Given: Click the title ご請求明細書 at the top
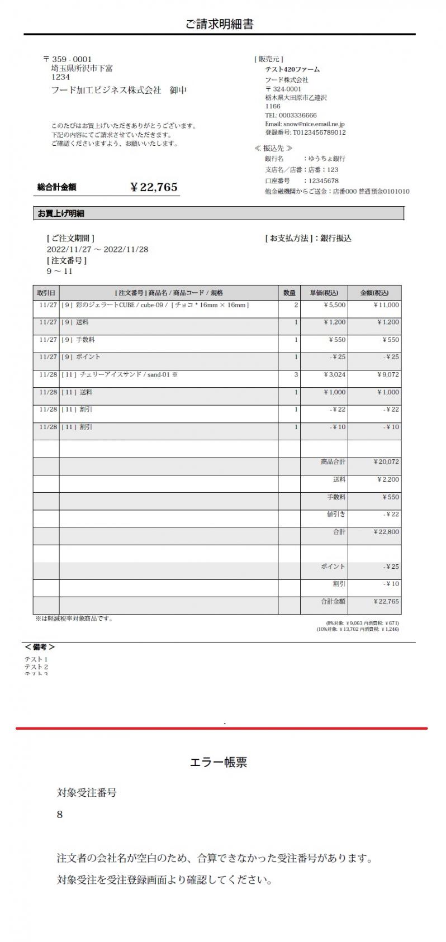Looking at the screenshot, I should [219, 24].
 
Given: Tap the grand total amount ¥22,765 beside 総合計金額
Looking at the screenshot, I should [154, 187].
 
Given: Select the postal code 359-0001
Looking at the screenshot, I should [72, 59].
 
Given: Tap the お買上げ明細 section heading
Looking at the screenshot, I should [61, 213].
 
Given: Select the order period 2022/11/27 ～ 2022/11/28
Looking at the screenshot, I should [97, 249].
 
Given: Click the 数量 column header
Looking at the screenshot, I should [289, 293].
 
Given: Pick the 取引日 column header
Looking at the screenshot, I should [46, 293].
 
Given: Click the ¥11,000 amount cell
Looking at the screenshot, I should [386, 305].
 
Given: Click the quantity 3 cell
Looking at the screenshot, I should [296, 374].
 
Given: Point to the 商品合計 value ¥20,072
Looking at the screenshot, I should [386, 462].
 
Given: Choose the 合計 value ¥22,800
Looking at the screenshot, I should [386, 532].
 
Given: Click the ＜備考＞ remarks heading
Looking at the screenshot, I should [40, 647].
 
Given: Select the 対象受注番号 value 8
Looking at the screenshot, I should [60, 815].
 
